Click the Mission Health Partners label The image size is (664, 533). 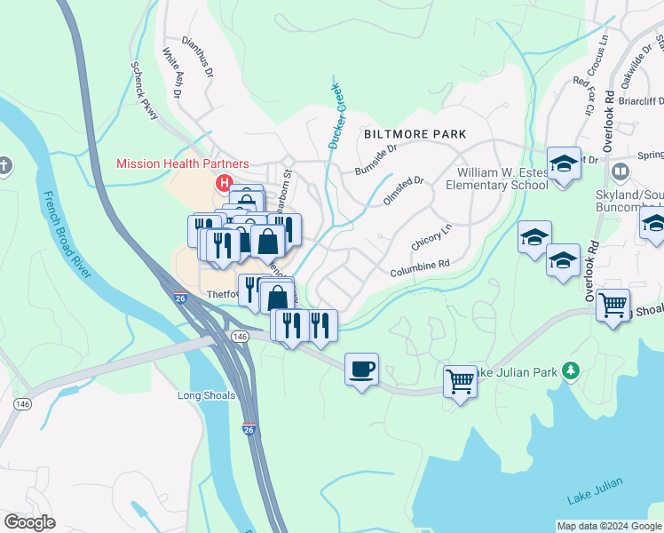(x=183, y=164)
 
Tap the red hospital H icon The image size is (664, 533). (x=222, y=184)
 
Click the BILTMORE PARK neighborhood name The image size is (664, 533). (x=415, y=133)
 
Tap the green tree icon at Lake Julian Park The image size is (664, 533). (x=573, y=370)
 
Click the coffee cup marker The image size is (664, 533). (x=361, y=369)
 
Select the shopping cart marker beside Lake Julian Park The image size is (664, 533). (x=460, y=382)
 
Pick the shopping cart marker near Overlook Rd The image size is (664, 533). (x=613, y=305)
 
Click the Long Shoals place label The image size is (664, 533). (x=206, y=395)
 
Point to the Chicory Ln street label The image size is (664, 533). (x=432, y=237)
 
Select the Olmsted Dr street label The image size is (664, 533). (x=404, y=187)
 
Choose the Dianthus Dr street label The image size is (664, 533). (x=197, y=55)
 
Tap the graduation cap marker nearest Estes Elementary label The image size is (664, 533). (x=563, y=164)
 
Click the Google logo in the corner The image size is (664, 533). (x=29, y=522)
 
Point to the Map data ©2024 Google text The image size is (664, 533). (x=608, y=526)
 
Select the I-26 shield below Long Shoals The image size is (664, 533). (x=249, y=429)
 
